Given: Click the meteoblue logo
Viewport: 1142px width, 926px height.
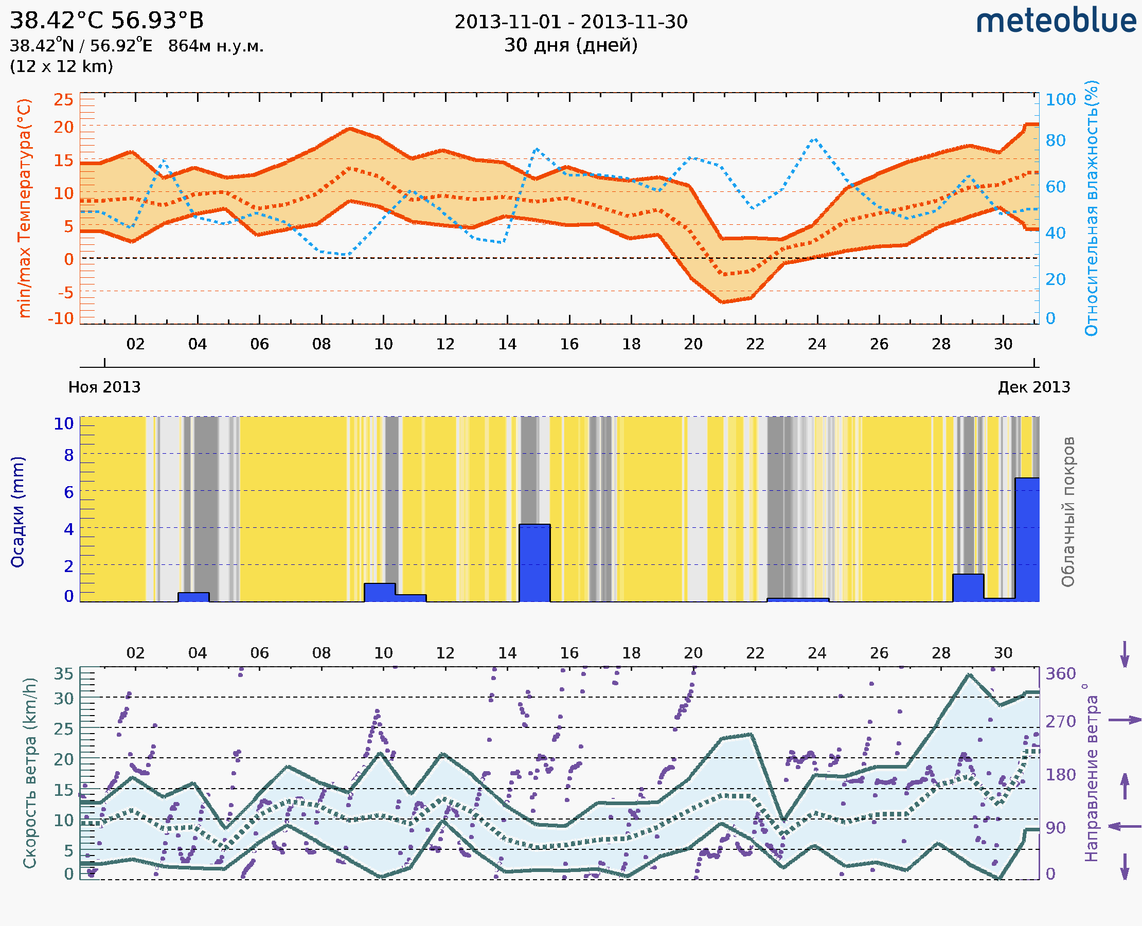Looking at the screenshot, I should coord(1056,21).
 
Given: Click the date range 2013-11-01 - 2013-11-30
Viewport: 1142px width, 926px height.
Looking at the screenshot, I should coord(570,22).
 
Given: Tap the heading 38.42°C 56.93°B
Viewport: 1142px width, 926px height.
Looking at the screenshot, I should coord(106,21).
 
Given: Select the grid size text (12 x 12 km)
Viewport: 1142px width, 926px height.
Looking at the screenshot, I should coord(61,67).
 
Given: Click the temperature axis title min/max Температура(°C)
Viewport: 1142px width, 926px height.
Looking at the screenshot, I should coord(25,208).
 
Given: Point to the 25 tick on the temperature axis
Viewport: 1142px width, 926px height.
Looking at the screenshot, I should coord(63,99).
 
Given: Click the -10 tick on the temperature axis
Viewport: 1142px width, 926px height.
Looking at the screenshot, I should coord(61,318).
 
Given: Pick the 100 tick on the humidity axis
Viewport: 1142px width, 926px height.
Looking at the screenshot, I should coord(1060,99).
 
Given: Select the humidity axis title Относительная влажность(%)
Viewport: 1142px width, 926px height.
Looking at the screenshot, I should coord(1091,208).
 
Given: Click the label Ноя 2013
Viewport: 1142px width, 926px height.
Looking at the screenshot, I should coord(104,387).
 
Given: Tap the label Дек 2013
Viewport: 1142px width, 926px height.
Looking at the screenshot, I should coord(1034,387).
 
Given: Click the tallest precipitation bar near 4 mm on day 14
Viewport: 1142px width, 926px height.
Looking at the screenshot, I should coord(534,563).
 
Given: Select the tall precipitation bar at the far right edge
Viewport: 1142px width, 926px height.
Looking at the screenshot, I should coord(1027,539).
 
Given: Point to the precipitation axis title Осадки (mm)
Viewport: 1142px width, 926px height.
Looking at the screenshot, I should coord(17,512).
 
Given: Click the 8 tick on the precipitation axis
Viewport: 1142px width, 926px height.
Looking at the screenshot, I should coord(69,455).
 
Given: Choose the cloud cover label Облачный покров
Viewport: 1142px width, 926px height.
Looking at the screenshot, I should coord(1068,512).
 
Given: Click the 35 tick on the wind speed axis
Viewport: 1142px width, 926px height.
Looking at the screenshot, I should coord(63,674).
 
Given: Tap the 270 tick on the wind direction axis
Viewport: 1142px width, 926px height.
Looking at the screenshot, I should coord(1060,721).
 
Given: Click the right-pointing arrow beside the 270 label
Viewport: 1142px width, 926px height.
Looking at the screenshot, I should coord(1125,720).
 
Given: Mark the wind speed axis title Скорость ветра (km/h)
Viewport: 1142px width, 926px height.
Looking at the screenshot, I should coord(30,773).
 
